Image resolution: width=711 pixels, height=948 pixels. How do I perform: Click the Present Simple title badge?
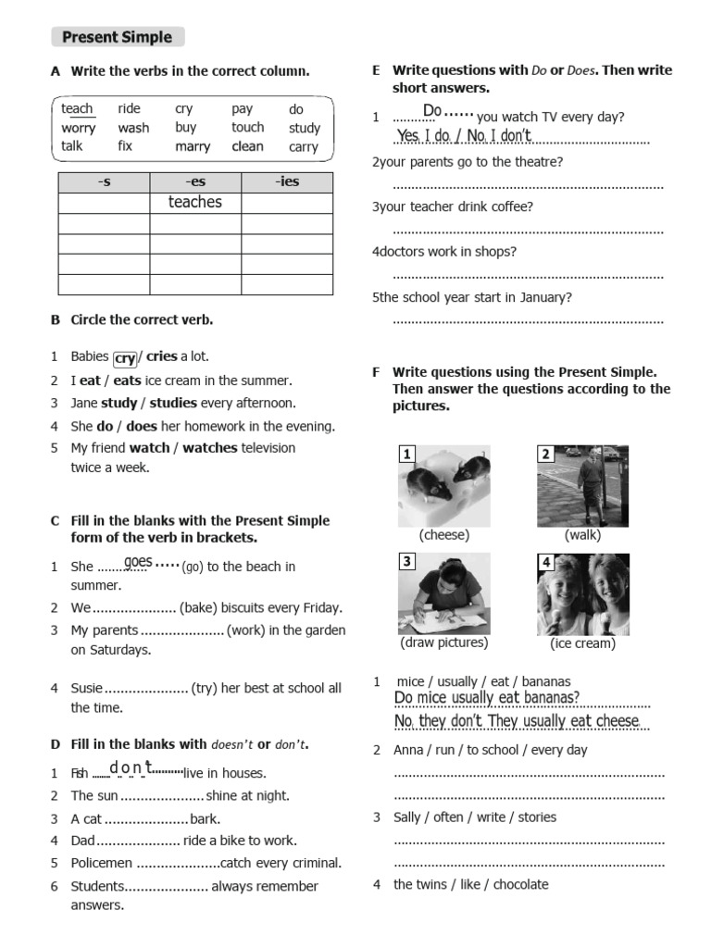[117, 37]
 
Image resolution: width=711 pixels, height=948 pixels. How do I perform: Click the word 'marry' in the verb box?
[193, 146]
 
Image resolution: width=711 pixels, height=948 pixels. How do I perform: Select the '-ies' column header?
[287, 181]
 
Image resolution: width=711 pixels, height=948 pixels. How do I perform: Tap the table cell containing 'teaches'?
[195, 202]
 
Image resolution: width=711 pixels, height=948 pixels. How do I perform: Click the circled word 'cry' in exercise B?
[125, 358]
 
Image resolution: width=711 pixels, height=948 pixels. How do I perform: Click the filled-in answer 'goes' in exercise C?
[138, 562]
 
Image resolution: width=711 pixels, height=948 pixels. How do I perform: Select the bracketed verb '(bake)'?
[202, 608]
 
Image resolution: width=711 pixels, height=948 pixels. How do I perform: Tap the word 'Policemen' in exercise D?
[103, 863]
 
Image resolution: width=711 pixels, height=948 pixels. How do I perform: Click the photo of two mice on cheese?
[444, 485]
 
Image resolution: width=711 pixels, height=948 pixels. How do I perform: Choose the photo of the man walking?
[583, 485]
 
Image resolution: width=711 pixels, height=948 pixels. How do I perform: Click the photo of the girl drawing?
[444, 593]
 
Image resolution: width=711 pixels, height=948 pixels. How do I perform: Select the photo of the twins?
[583, 593]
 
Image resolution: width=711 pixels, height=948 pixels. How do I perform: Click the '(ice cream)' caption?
[582, 643]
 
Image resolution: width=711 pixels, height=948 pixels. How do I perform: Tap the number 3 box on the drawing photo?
[406, 562]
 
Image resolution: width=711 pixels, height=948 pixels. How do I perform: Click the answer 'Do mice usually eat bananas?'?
[487, 698]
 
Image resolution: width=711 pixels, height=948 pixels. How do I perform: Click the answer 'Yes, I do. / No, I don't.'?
[464, 136]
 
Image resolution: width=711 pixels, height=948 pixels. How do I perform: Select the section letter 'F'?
[376, 372]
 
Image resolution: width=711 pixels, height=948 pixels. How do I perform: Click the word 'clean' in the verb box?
[247, 146]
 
